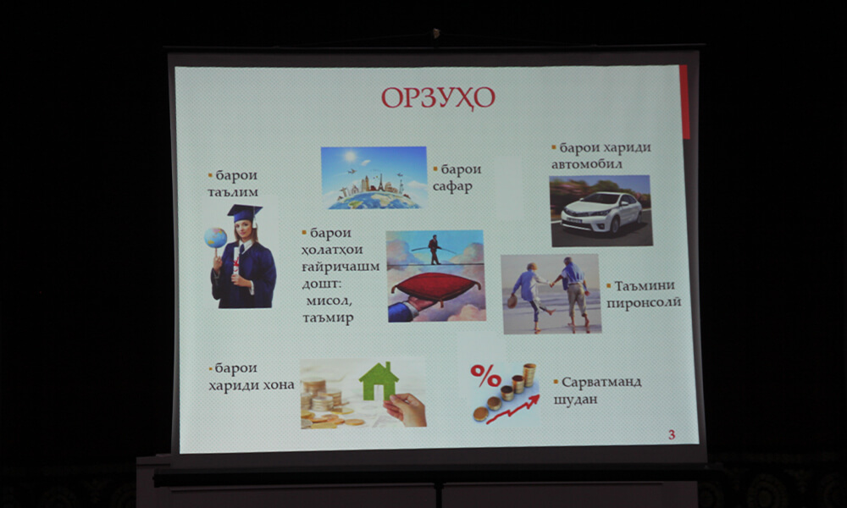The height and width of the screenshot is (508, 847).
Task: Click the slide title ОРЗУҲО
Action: (438, 98)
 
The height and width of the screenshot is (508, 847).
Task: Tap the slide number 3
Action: (672, 434)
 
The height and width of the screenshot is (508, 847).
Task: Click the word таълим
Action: (233, 192)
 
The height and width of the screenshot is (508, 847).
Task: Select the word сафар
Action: (452, 187)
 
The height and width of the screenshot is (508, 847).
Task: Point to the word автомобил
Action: (587, 163)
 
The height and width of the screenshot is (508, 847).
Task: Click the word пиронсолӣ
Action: (644, 303)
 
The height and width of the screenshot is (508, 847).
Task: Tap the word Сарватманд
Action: (601, 382)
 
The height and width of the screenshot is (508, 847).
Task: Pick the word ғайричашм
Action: (340, 268)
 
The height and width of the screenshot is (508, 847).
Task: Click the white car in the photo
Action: (601, 213)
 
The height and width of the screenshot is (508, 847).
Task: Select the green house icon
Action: (379, 382)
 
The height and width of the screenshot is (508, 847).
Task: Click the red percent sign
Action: (485, 376)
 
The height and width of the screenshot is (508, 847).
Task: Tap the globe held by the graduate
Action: (215, 238)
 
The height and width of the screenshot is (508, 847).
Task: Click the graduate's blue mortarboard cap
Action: (244, 213)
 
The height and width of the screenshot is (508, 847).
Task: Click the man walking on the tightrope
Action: (434, 250)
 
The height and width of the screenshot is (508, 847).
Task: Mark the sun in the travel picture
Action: (351, 157)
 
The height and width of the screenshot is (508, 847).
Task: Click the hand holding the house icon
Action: (405, 409)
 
